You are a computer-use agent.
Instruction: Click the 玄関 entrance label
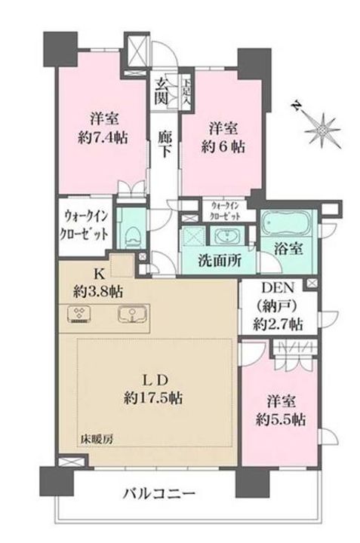(x=162, y=91)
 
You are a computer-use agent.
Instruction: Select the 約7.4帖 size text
(x=103, y=139)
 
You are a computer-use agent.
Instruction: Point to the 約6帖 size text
(x=223, y=147)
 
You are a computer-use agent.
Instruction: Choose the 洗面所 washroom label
(x=220, y=260)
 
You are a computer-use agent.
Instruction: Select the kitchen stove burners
(x=79, y=314)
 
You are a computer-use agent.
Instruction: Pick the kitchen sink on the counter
(x=132, y=314)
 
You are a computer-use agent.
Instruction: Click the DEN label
(x=277, y=287)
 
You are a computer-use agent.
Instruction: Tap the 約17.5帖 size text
(x=153, y=398)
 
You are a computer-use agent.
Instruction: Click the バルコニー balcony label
(x=159, y=493)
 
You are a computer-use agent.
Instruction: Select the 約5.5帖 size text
(x=281, y=420)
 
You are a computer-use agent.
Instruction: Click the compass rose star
(x=322, y=130)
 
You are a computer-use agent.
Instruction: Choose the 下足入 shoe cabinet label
(x=187, y=91)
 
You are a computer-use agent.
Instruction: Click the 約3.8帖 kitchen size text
(x=97, y=293)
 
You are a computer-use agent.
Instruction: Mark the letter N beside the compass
(x=297, y=106)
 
